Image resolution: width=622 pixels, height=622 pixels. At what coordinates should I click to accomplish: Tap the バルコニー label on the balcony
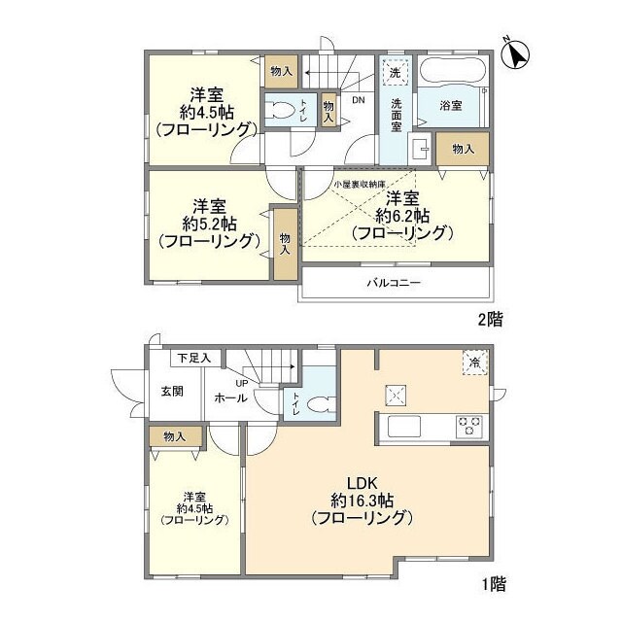[394, 284]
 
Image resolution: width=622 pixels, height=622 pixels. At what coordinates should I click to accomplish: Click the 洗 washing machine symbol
[396, 73]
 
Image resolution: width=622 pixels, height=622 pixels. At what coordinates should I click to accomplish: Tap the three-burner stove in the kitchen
[470, 424]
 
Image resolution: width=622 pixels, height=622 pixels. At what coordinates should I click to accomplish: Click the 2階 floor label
[490, 318]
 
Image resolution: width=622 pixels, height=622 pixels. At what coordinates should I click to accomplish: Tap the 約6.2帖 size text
[403, 215]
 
